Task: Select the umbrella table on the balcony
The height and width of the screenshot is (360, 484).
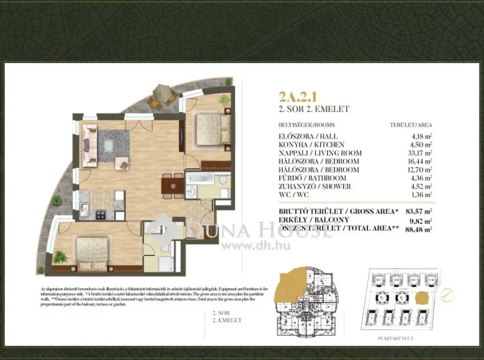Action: click(x=160, y=94)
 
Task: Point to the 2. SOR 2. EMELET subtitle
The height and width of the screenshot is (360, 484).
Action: click(x=314, y=109)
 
